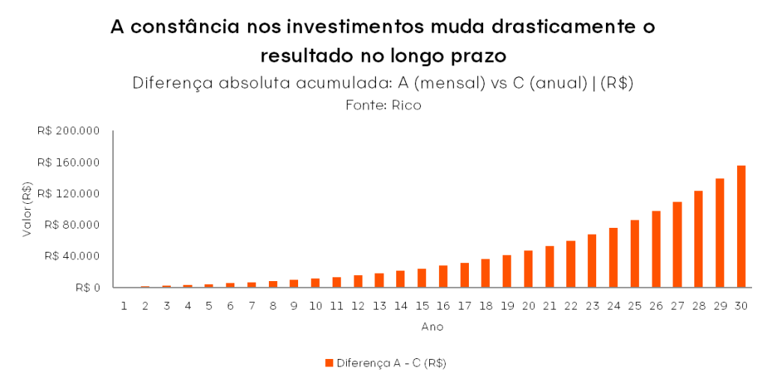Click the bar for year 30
tap(741, 226)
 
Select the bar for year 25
tap(634, 253)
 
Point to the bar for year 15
tap(422, 278)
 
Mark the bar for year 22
tap(571, 264)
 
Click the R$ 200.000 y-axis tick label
tap(68, 131)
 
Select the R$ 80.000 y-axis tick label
tap(72, 225)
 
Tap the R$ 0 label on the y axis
tap(87, 287)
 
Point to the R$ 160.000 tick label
tap(68, 163)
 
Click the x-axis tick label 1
tap(124, 306)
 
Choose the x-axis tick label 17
tap(464, 306)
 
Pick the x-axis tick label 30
tap(741, 306)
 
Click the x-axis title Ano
tap(432, 327)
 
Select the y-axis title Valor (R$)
tap(27, 209)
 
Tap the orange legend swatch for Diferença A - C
tap(329, 363)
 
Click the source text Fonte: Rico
tap(383, 106)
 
